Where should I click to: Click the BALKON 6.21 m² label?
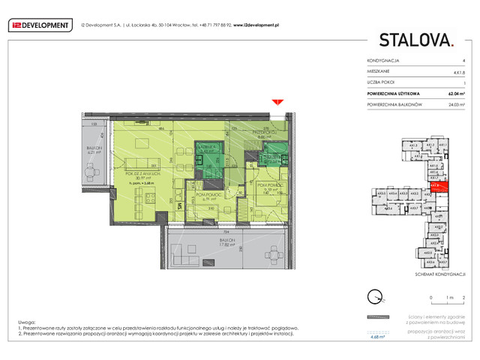93,151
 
